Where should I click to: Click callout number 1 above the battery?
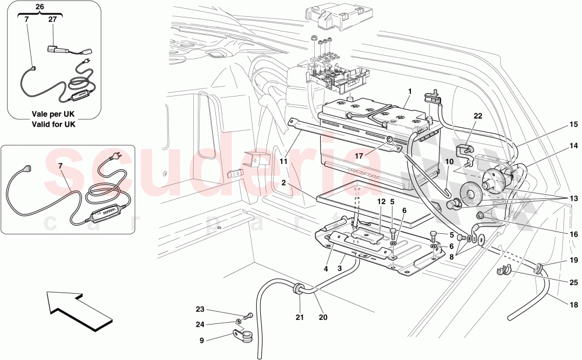[410, 91]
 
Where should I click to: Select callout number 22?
[478, 116]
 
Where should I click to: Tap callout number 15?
[573, 124]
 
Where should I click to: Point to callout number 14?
[573, 146]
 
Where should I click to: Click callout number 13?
[573, 199]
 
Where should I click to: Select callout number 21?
[300, 318]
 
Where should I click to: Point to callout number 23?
[201, 309]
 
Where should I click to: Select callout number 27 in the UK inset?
[52, 19]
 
